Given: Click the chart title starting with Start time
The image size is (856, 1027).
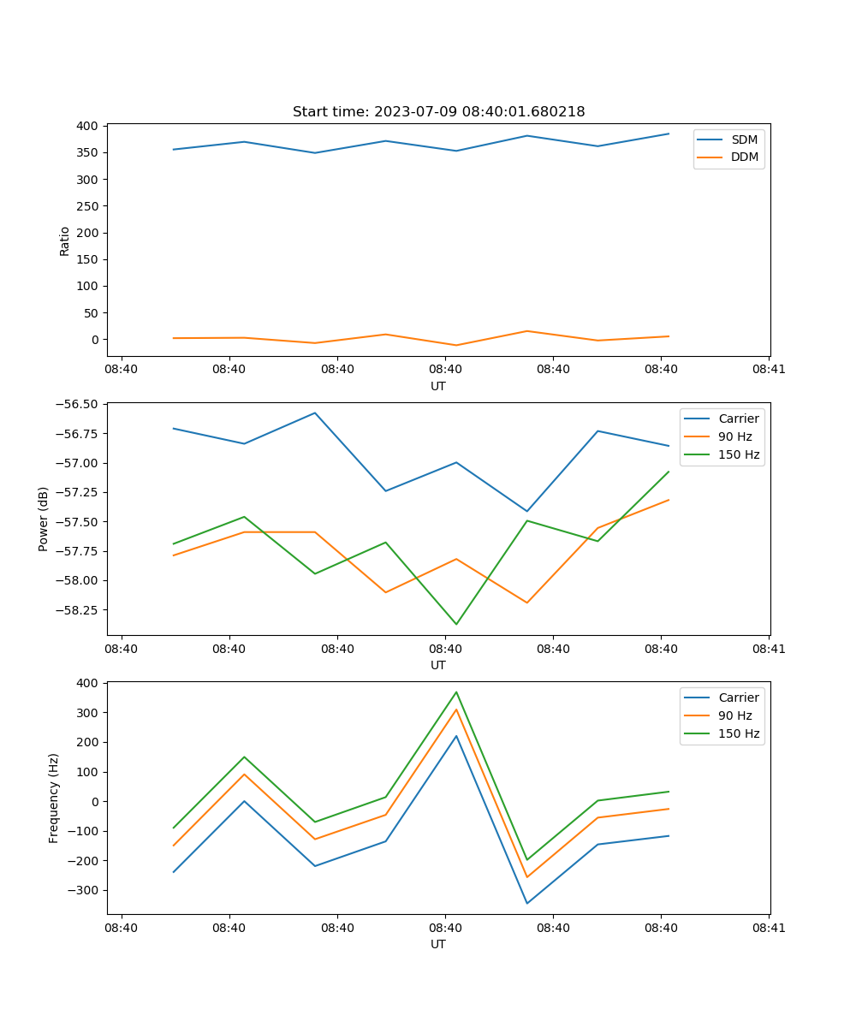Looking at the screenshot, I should click(438, 112).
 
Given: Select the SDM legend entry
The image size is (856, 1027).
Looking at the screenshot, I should click(744, 140).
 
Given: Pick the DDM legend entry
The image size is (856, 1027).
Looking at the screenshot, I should click(744, 157).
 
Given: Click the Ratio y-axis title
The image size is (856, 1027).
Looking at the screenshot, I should click(65, 240).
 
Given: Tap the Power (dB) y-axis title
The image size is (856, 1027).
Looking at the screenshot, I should click(44, 519).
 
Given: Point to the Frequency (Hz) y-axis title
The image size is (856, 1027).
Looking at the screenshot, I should click(54, 798).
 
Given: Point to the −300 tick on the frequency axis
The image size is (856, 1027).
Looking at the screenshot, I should click(84, 890).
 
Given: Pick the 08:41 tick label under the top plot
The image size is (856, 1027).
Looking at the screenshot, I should click(769, 370).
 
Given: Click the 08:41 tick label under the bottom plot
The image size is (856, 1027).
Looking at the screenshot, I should click(769, 928).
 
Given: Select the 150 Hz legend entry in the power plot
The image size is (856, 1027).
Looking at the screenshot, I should click(739, 454).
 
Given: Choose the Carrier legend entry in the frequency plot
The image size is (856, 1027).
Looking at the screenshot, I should click(738, 698).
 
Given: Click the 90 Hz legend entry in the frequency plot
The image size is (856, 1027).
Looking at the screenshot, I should click(734, 715).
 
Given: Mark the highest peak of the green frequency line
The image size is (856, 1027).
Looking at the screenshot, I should click(456, 692).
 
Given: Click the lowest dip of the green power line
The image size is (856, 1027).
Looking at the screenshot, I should click(456, 624).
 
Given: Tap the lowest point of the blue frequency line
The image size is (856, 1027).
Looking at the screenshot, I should click(526, 903).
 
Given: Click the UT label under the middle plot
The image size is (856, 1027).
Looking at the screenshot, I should click(438, 665).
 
